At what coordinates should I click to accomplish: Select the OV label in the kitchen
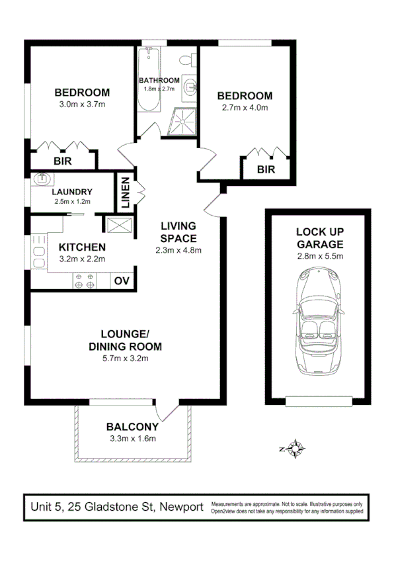[x=122, y=280]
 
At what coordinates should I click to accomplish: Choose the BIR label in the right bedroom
[x=265, y=169]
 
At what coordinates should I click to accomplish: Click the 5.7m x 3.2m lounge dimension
[x=125, y=359]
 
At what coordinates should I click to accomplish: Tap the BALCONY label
[x=133, y=426]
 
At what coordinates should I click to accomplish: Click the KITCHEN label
[x=82, y=247]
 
